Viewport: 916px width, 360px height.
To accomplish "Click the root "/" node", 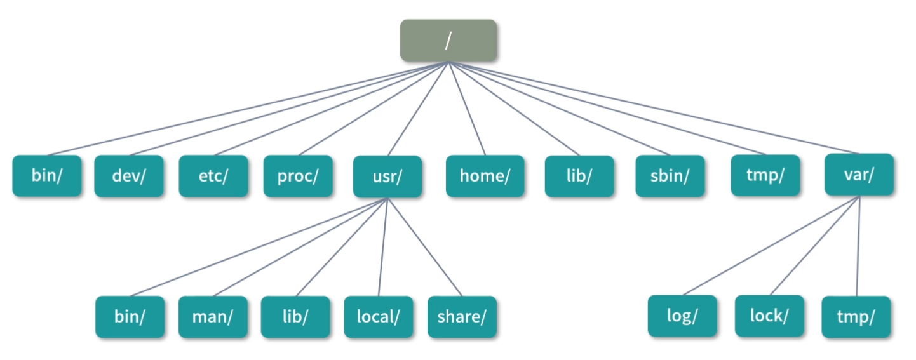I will coord(448,41).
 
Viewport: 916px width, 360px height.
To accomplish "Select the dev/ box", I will coord(128,176).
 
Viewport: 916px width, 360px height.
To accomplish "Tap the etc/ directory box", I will coord(213,176).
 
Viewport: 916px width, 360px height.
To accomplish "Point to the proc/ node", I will coord(298,176).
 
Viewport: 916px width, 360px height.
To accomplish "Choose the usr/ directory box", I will coord(387,177).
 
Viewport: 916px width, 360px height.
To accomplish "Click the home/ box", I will coord(485,176).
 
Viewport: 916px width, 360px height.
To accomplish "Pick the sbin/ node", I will coord(670,176).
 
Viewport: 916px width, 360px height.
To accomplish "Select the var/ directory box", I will coord(859,175).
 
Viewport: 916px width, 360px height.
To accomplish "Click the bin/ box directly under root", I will coord(47,176).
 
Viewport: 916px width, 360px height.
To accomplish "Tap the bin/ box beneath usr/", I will coord(130,317).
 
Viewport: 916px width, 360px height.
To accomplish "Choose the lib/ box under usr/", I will coord(295,317).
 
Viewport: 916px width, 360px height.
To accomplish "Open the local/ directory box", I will coord(378,317).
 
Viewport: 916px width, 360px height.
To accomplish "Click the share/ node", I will coord(462,317).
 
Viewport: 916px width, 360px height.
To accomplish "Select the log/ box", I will coord(682,316).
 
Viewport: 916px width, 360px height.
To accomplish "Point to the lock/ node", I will coord(769,316).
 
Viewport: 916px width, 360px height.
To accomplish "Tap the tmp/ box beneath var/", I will coord(856,316).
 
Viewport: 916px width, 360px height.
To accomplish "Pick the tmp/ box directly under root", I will coord(764,175).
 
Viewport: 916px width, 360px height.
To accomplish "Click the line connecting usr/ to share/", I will coord(424,247).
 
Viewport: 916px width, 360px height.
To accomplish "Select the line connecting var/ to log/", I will coord(771,246).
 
